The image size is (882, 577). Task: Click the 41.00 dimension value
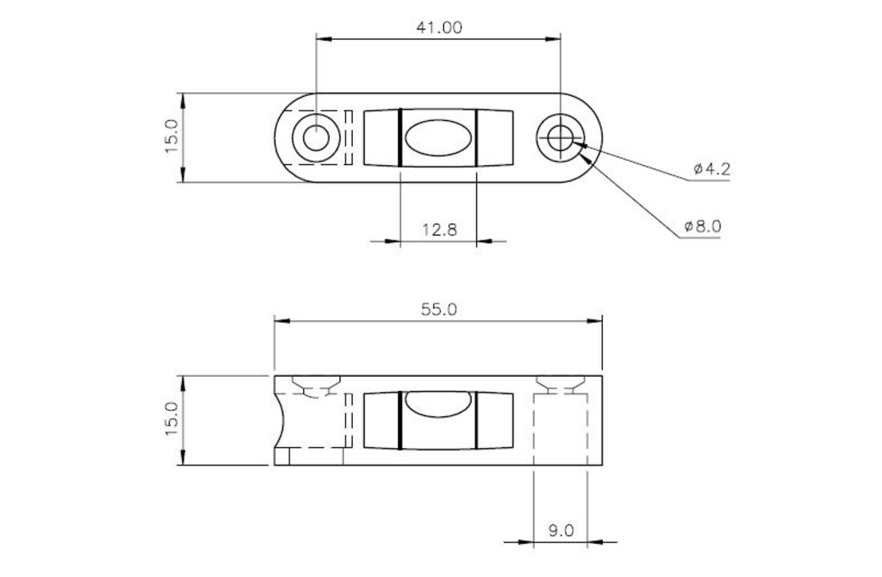(x=439, y=26)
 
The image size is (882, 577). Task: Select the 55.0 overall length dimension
(x=439, y=309)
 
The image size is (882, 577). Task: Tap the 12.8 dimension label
(x=439, y=230)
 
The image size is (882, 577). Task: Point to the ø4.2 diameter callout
(x=711, y=169)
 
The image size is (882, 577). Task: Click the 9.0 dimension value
(x=560, y=530)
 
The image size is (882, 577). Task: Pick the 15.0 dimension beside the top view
(x=172, y=137)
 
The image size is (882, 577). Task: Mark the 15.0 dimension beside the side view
(x=172, y=420)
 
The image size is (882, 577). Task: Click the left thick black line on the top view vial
(x=399, y=137)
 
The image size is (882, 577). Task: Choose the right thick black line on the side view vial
(x=475, y=420)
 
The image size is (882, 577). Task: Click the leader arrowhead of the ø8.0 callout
(x=590, y=159)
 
